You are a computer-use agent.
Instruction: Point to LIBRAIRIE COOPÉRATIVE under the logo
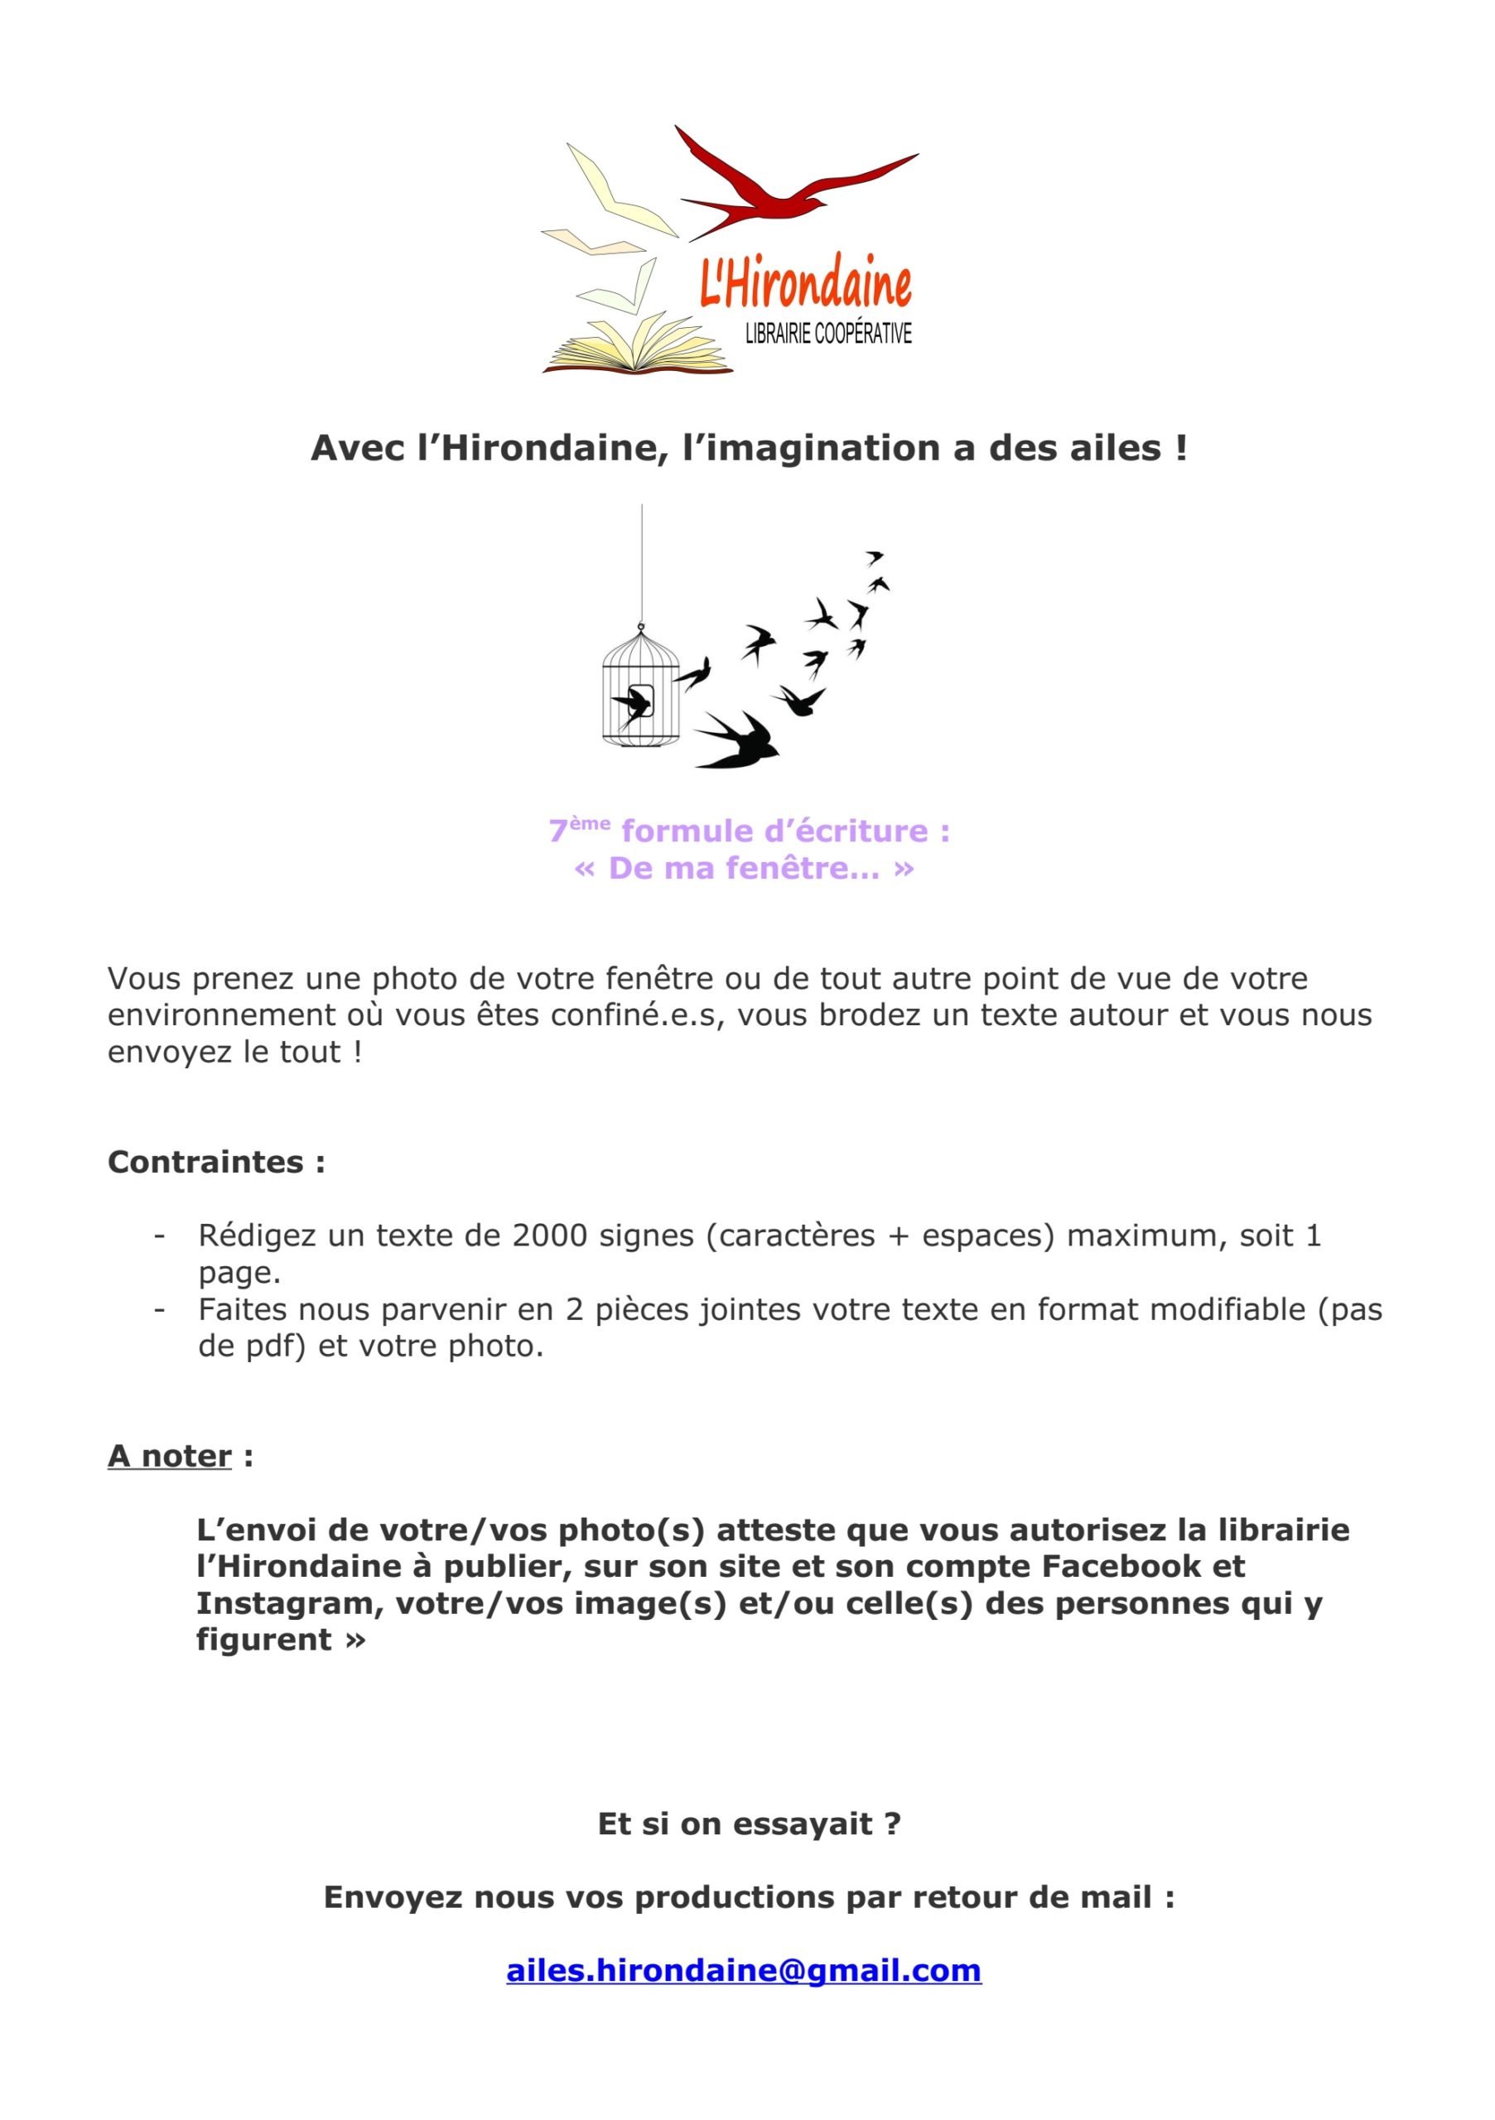pyautogui.click(x=827, y=334)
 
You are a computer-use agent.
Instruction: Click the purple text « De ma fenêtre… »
pyautogui.click(x=745, y=868)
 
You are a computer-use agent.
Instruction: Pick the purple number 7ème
pyautogui.click(x=579, y=829)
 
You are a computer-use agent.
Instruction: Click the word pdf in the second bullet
pyautogui.click(x=275, y=1346)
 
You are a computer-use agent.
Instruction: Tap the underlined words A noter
pyautogui.click(x=170, y=1456)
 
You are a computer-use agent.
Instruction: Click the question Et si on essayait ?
pyautogui.click(x=749, y=1824)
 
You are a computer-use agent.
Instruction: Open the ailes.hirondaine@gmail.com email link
pyautogui.click(x=743, y=1969)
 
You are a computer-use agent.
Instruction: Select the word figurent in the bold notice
pyautogui.click(x=264, y=1640)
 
